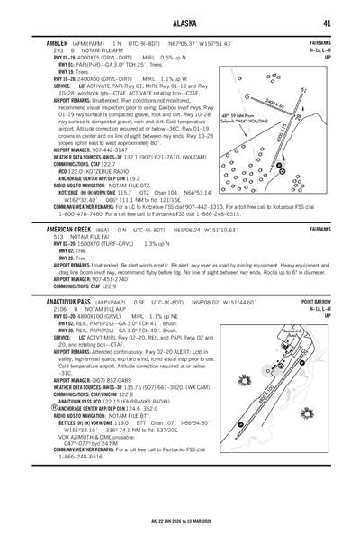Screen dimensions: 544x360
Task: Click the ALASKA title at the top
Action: [179, 24]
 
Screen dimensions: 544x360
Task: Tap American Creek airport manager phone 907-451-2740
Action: [103, 279]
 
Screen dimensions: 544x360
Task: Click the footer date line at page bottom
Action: [179, 521]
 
